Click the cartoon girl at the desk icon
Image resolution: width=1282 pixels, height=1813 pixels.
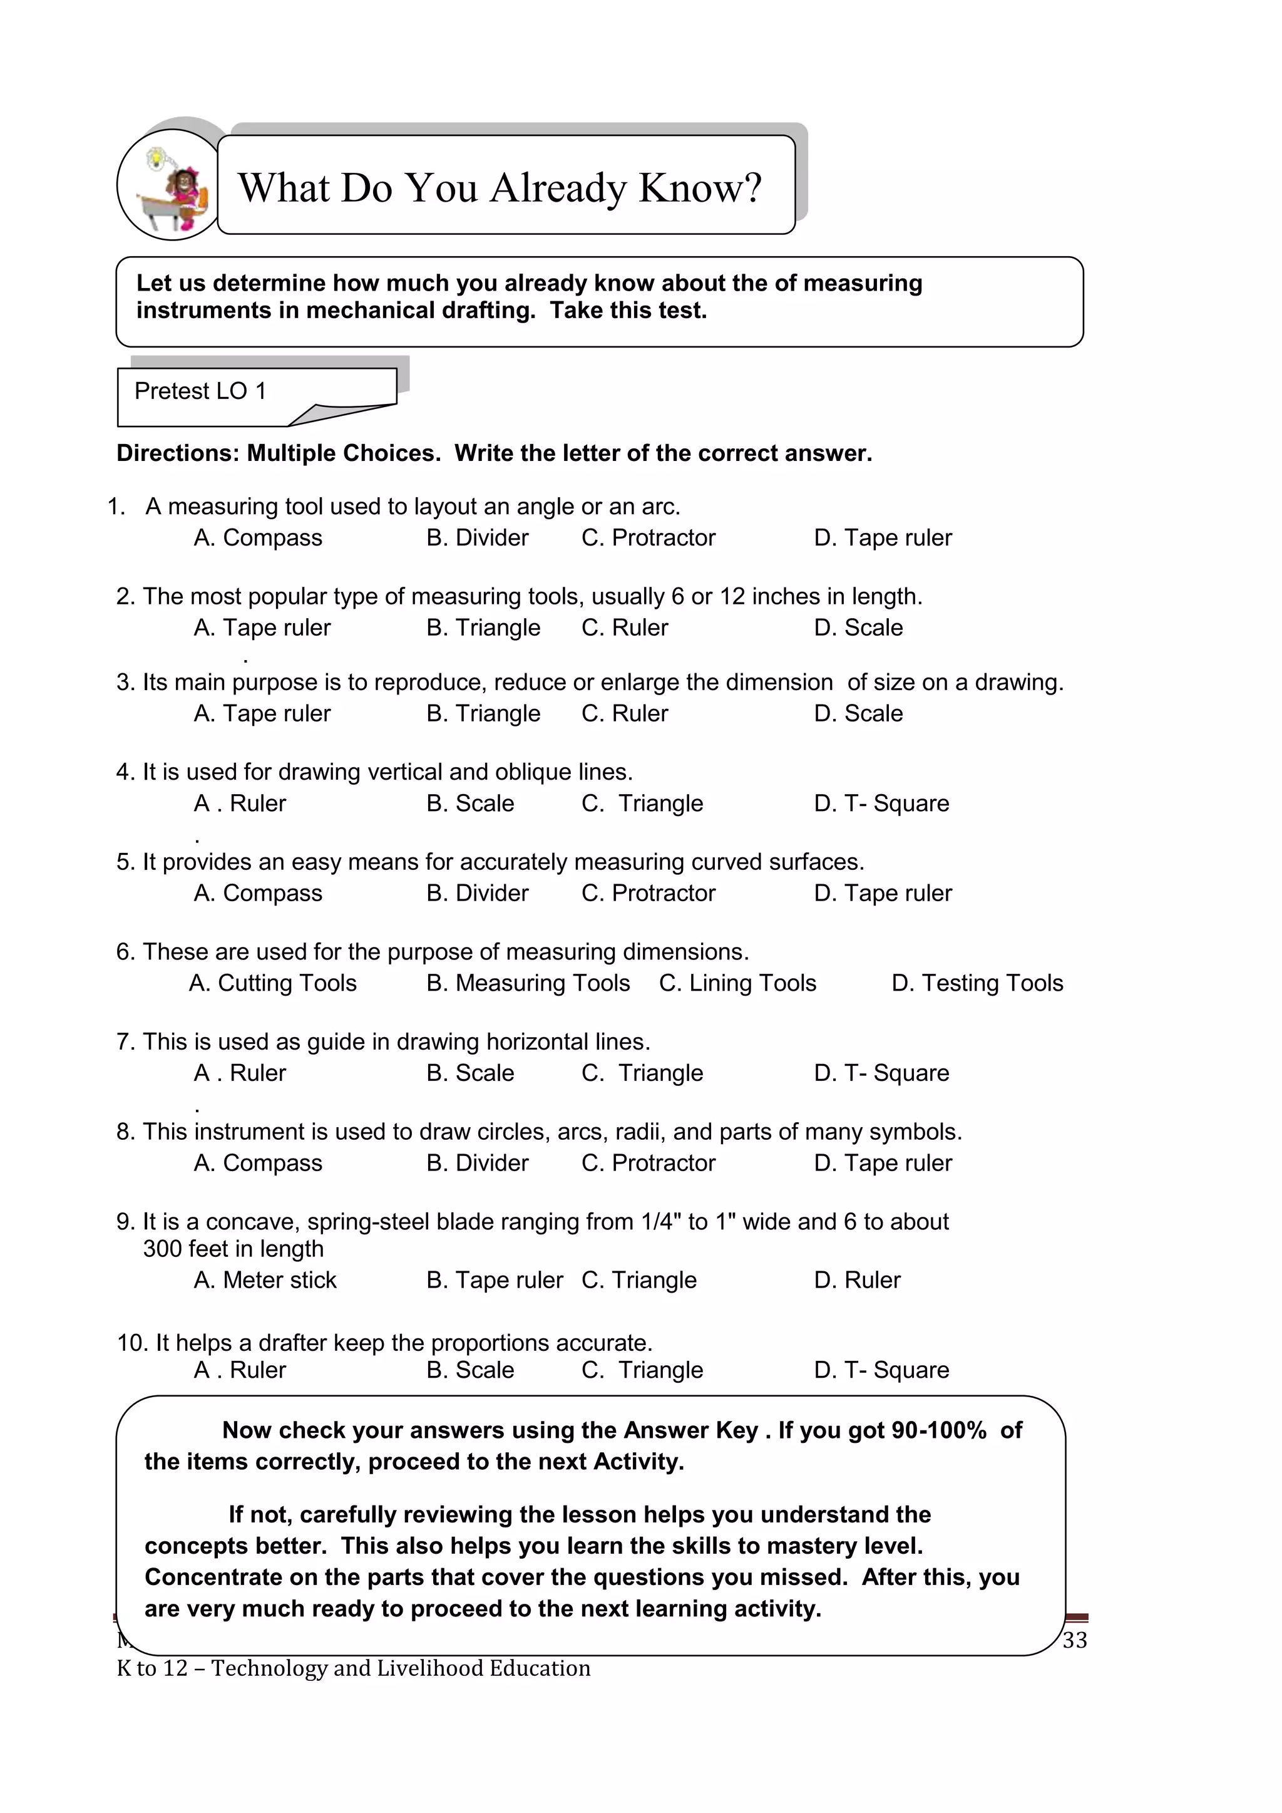coord(173,187)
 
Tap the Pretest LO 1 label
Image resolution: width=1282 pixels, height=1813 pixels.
coord(200,391)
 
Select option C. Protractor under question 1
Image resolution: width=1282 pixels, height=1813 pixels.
coord(648,538)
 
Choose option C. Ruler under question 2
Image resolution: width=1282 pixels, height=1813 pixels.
coord(625,628)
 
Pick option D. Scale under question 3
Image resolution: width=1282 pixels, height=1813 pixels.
coord(858,714)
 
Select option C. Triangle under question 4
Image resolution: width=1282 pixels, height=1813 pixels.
coord(642,804)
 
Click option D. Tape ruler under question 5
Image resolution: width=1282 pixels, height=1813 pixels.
coord(883,893)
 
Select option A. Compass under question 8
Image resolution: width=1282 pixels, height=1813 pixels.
coord(258,1163)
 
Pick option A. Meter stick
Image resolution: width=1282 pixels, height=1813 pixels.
coord(265,1280)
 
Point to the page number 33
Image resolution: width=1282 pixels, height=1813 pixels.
coord(1074,1640)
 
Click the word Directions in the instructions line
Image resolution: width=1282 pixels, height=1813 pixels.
coord(178,453)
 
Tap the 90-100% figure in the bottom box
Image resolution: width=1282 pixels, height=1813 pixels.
coord(938,1430)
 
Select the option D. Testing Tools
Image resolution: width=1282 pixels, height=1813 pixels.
coord(977,983)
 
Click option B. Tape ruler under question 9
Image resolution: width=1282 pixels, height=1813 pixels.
coord(494,1280)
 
